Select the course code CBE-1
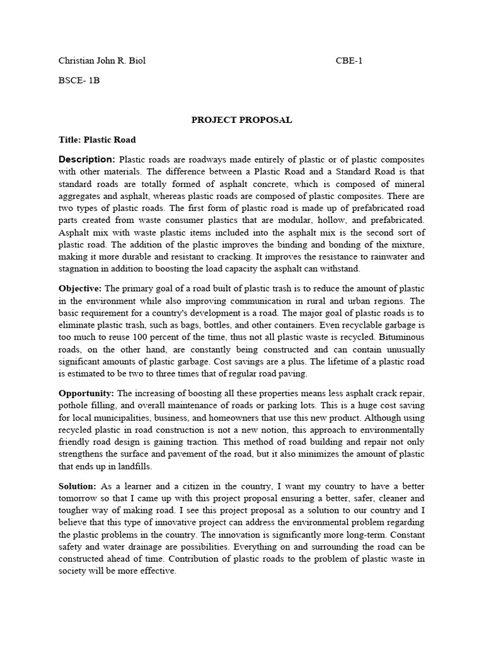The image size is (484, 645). click(349, 61)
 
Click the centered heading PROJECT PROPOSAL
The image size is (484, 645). click(241, 120)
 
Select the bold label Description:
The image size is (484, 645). click(87, 159)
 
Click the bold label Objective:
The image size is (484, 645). click(81, 288)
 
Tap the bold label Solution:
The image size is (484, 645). click(77, 486)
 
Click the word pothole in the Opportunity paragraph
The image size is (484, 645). click(73, 406)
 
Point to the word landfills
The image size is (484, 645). click(151, 466)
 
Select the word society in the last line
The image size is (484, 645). click(73, 571)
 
